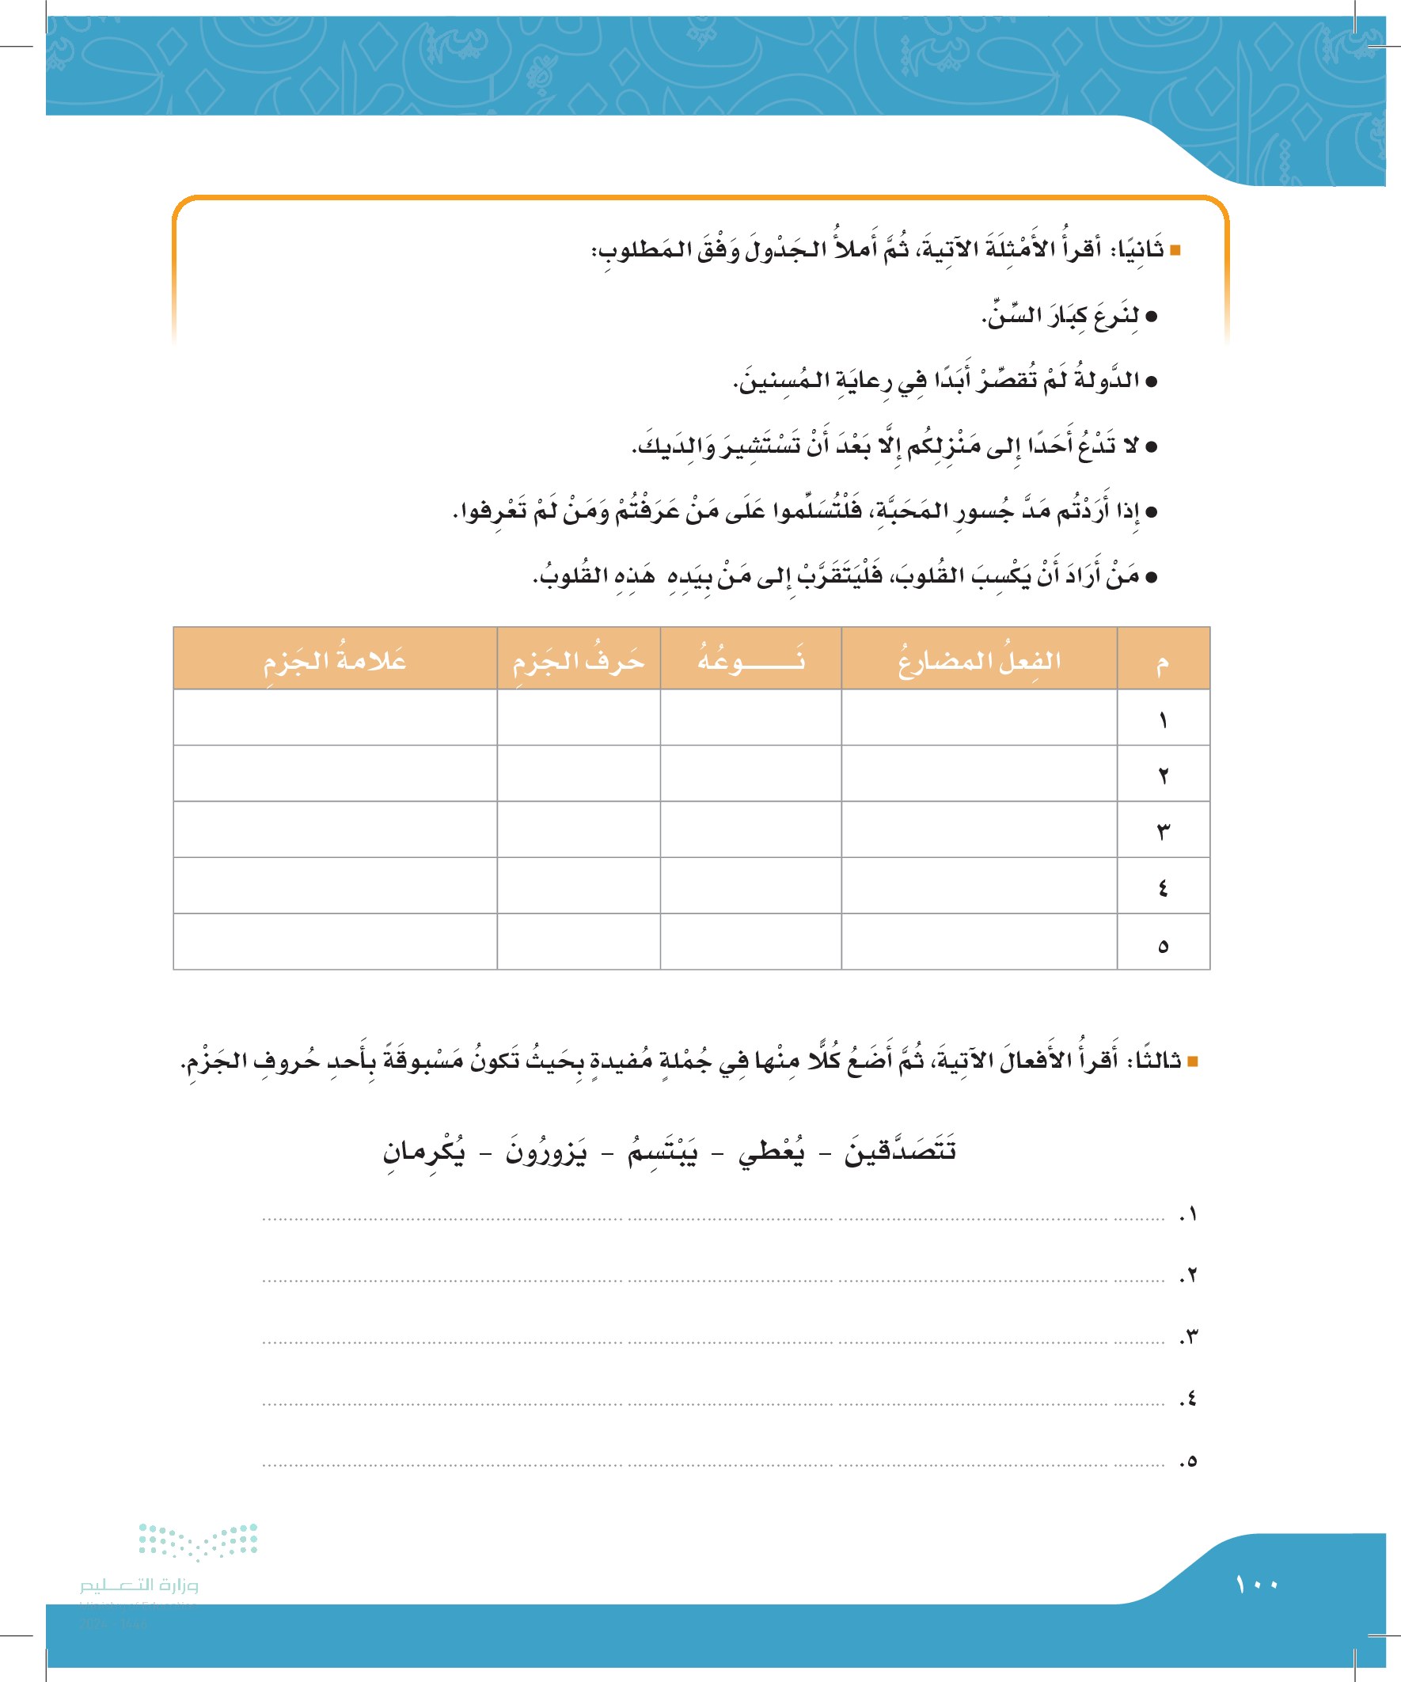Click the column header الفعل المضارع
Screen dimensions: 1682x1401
[979, 660]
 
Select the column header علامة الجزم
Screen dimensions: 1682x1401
[335, 660]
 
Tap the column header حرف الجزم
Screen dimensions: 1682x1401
[579, 660]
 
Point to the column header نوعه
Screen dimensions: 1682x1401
[750, 660]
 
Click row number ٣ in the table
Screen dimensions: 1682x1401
[1163, 830]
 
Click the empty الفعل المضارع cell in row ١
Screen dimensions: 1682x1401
[979, 719]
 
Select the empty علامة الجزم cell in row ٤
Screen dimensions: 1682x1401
[335, 886]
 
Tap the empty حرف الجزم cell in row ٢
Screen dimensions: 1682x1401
[579, 774]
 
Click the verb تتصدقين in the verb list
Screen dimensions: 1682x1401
[900, 1152]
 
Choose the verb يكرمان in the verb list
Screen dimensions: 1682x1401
[423, 1152]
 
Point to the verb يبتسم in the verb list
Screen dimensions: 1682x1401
[663, 1152]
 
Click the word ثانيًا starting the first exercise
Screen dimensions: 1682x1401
[1141, 250]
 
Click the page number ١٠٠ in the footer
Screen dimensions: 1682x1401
[1256, 1585]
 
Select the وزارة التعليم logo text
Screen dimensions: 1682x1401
[139, 1585]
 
